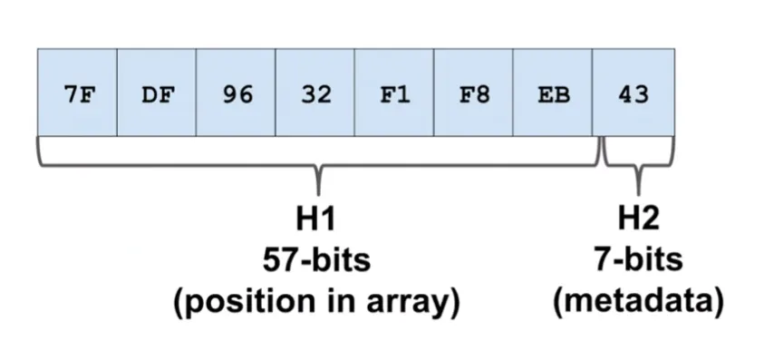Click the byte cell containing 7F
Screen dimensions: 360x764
tap(78, 94)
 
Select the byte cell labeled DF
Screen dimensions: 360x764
tap(157, 94)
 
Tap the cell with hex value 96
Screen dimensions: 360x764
tap(236, 94)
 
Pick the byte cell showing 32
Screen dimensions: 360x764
tap(315, 94)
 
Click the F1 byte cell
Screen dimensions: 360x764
tap(394, 94)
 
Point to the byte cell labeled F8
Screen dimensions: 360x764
tap(474, 94)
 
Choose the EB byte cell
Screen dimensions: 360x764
tap(553, 94)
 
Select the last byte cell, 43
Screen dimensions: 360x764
tap(633, 94)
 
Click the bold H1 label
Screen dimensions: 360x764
tap(316, 219)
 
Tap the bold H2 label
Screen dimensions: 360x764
tap(638, 219)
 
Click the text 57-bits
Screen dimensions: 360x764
tap(316, 260)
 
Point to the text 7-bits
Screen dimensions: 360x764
tap(638, 260)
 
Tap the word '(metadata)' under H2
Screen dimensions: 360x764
tap(638, 303)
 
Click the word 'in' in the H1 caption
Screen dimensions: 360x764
tap(332, 303)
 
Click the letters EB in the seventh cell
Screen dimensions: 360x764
tap(553, 94)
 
